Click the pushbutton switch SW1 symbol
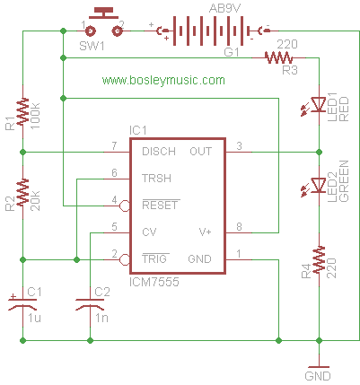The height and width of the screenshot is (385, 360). pyautogui.click(x=104, y=22)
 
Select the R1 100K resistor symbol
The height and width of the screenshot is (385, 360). pyautogui.click(x=22, y=111)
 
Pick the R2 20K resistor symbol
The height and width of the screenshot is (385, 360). pyautogui.click(x=22, y=192)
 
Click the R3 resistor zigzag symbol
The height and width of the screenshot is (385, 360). pyautogui.click(x=278, y=57)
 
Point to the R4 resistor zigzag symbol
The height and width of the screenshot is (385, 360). pyautogui.click(x=319, y=259)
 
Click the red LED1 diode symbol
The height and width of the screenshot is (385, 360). pyautogui.click(x=315, y=106)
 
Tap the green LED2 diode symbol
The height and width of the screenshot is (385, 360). pyautogui.click(x=315, y=187)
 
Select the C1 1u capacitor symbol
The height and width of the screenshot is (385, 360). pyautogui.click(x=22, y=302)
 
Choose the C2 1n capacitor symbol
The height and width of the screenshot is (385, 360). pyautogui.click(x=90, y=304)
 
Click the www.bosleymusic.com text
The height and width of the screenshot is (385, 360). pyautogui.click(x=163, y=80)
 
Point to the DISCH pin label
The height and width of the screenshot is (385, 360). pyautogui.click(x=159, y=152)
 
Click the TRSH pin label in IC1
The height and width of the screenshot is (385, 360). pyautogui.click(x=156, y=179)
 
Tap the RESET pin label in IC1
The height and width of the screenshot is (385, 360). pyautogui.click(x=160, y=205)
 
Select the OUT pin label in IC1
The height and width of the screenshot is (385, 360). pyautogui.click(x=201, y=152)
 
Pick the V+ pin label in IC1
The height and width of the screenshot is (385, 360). pyautogui.click(x=206, y=232)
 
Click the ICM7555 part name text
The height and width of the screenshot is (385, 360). pyautogui.click(x=154, y=282)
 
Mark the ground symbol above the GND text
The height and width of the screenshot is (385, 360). pyautogui.click(x=319, y=367)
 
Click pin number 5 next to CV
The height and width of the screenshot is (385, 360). pyautogui.click(x=114, y=227)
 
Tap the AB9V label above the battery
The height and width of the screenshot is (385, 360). pyautogui.click(x=224, y=8)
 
